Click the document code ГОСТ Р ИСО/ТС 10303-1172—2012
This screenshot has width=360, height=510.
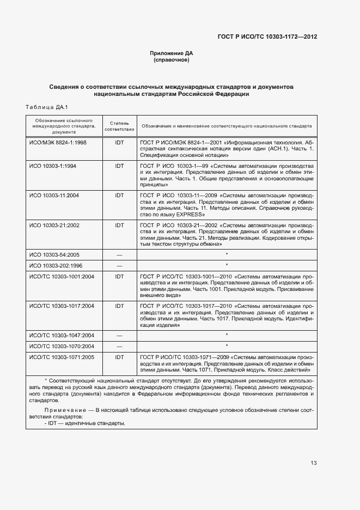click(x=267, y=37)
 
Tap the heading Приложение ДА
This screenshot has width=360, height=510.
click(x=172, y=53)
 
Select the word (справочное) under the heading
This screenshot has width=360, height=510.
click(x=172, y=60)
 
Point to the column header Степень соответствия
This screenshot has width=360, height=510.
click(x=119, y=126)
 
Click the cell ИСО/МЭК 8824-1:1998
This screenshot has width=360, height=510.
click(x=58, y=142)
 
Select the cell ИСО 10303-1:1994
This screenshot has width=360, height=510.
click(x=53, y=165)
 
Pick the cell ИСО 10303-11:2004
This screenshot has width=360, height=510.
click(x=54, y=195)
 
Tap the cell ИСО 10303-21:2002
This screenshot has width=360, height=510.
click(x=54, y=224)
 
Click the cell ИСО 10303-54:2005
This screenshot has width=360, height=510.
click(x=54, y=254)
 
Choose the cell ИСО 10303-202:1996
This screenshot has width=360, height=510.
click(x=56, y=265)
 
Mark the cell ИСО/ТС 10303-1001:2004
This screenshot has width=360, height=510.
click(x=62, y=276)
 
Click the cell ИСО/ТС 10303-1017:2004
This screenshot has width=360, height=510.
click(x=62, y=306)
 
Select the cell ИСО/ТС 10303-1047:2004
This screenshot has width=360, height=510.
click(x=62, y=335)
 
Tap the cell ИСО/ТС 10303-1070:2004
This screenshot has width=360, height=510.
click(x=62, y=346)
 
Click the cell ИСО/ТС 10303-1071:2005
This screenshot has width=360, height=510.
click(x=62, y=357)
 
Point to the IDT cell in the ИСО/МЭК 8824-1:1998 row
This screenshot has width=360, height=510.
click(x=119, y=142)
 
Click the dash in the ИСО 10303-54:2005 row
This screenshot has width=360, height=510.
click(x=119, y=254)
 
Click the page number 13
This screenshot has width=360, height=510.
click(x=314, y=463)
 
